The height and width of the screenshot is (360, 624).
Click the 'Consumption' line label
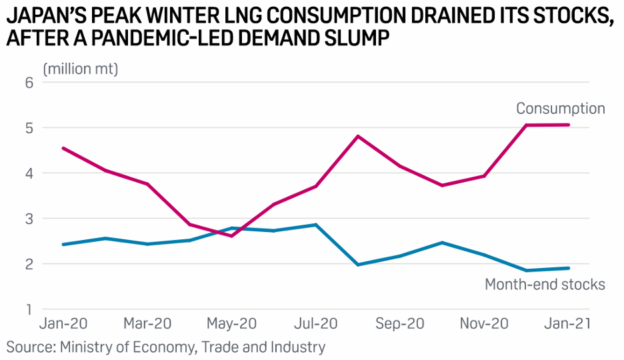560,109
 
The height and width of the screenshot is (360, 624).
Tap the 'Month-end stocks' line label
545,285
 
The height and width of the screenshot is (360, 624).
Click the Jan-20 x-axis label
63,324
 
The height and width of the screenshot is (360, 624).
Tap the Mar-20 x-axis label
147,324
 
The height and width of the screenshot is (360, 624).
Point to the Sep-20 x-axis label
400,324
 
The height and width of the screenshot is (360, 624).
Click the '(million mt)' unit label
81,69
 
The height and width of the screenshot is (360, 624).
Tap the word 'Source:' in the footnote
30,347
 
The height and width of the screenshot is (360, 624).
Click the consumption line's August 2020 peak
358,136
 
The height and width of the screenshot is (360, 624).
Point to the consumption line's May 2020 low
231,236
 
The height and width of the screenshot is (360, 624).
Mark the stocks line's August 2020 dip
358,265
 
